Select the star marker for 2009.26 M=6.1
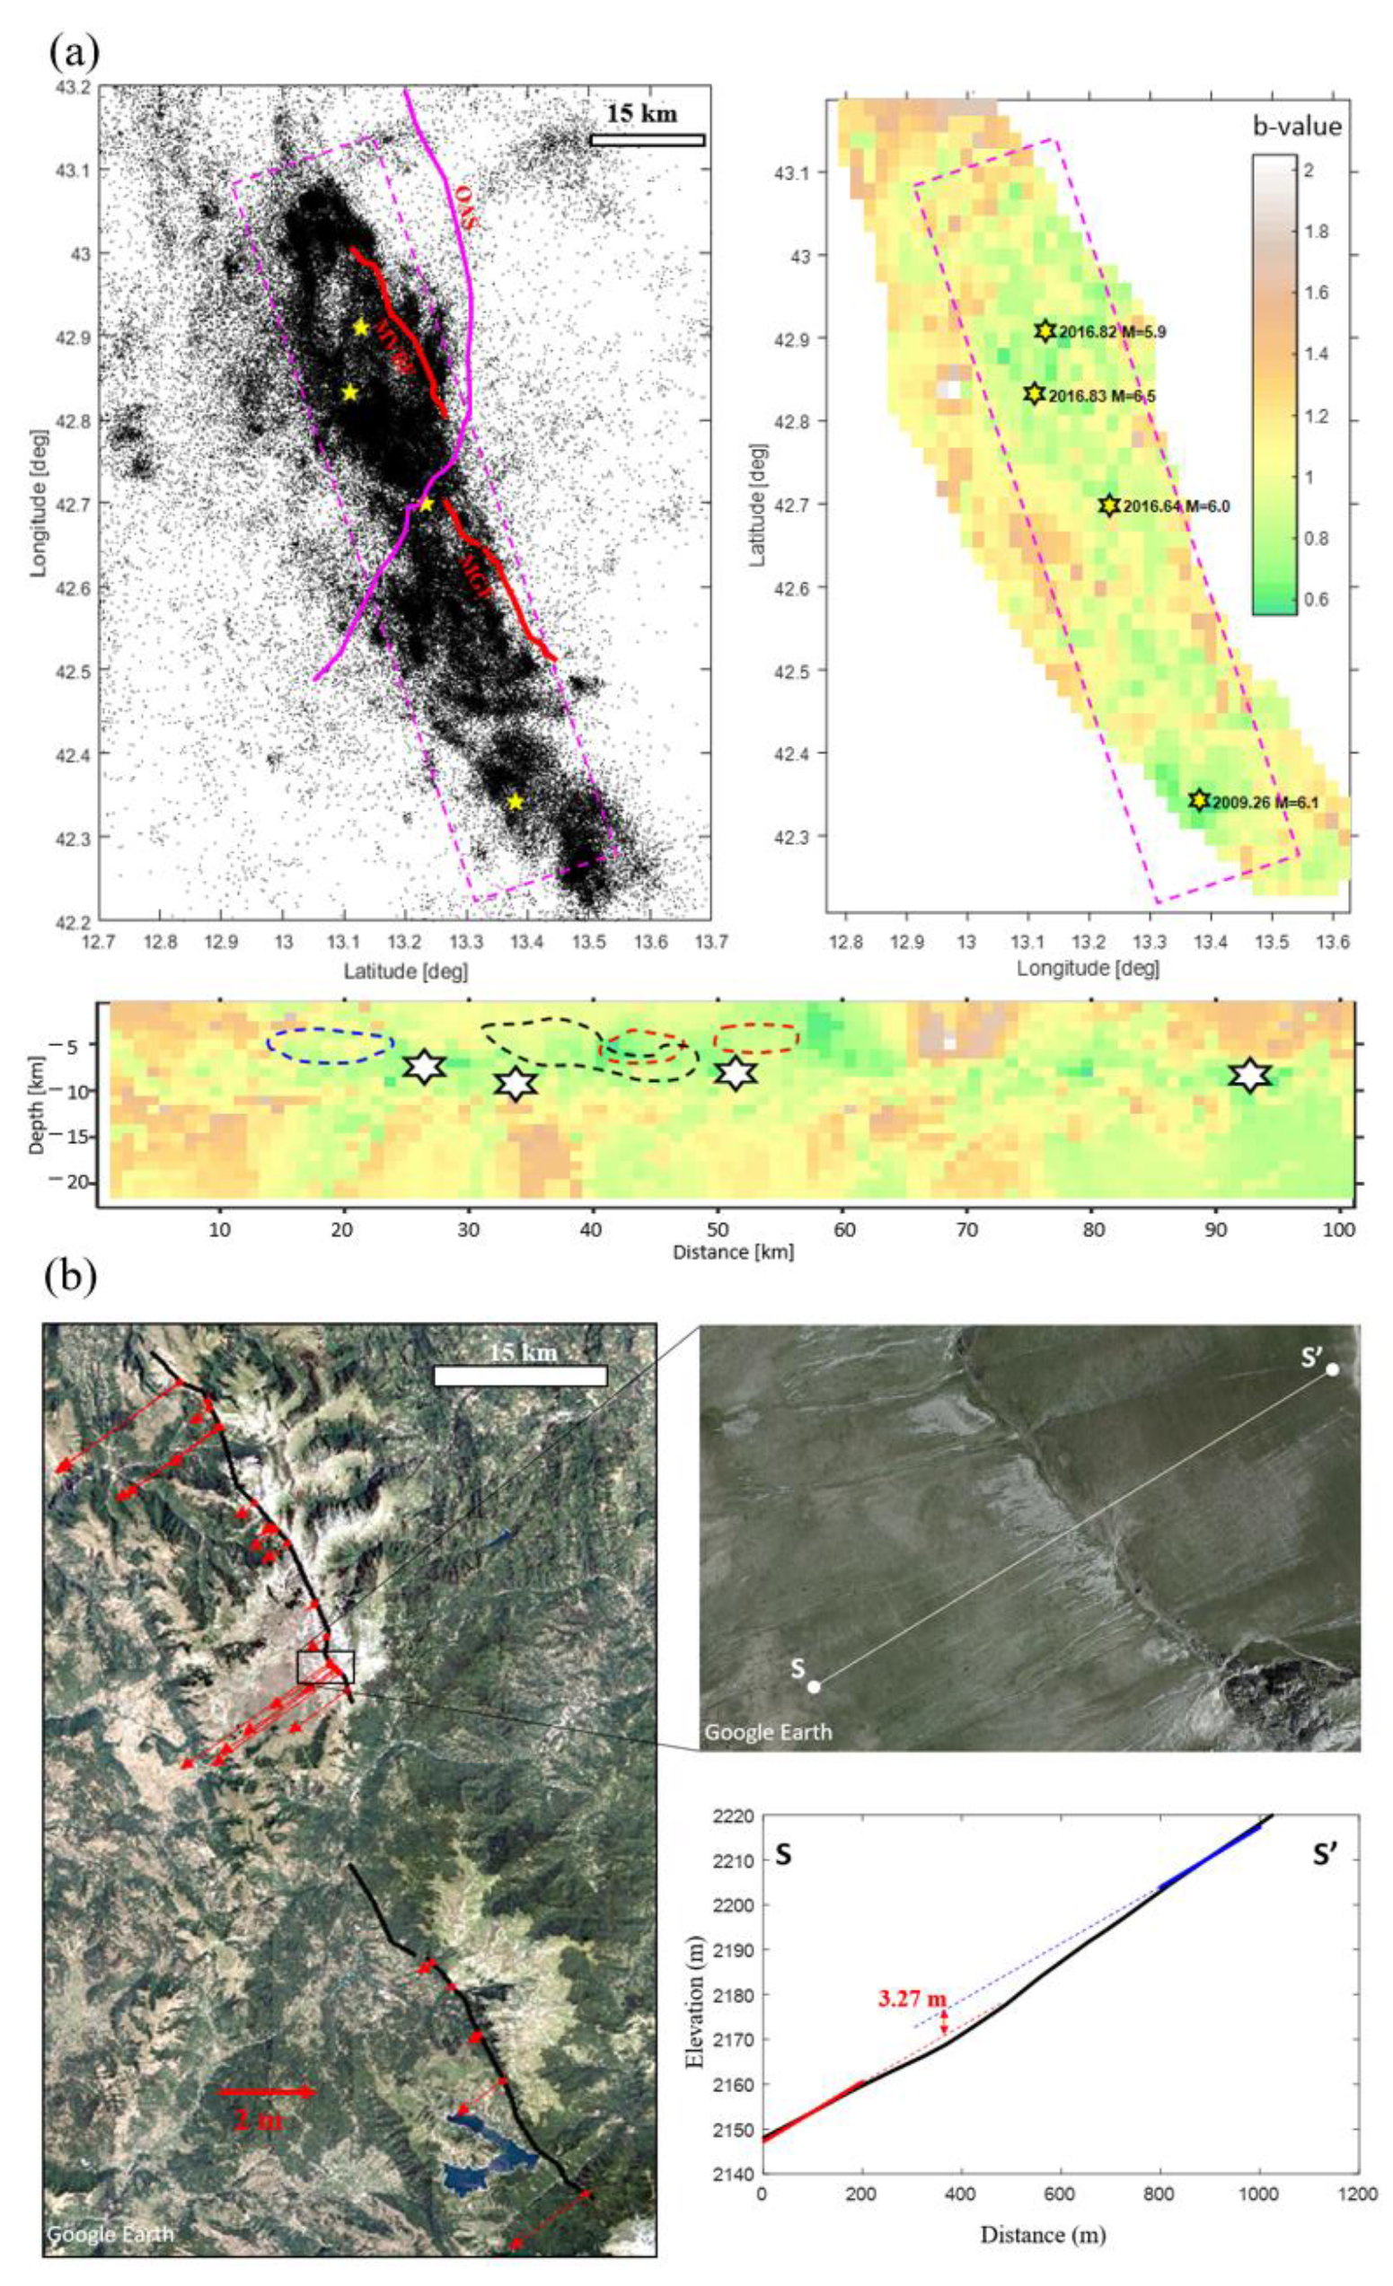click(x=1199, y=800)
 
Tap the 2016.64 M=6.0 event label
click(x=1175, y=506)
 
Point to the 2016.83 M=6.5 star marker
click(x=1035, y=394)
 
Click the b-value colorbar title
click(x=1297, y=127)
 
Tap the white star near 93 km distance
click(x=1249, y=1075)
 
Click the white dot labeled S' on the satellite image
click(x=1332, y=1369)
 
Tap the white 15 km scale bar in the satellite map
click(x=520, y=1376)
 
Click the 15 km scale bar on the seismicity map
click(x=647, y=140)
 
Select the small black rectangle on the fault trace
click(x=325, y=1667)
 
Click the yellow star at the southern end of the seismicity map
click(x=515, y=802)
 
